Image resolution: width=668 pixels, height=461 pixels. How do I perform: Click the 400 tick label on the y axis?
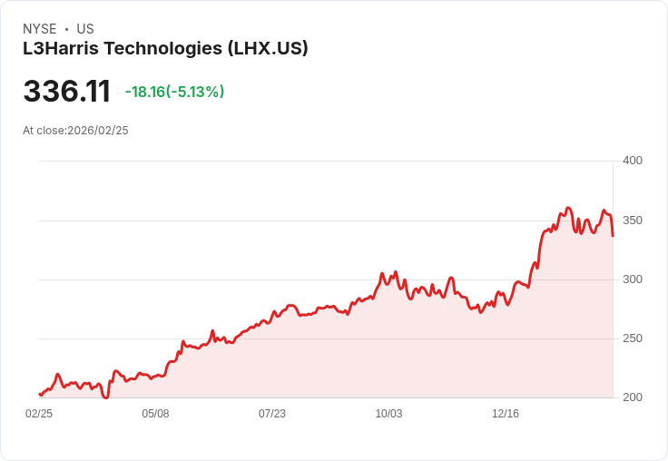(632, 161)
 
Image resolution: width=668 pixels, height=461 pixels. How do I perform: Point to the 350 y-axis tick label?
(632, 221)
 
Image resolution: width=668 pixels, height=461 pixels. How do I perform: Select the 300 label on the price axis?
(632, 280)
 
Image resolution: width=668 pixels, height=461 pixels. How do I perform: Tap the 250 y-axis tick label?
(632, 338)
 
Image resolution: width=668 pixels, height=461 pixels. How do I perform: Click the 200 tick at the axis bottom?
(632, 397)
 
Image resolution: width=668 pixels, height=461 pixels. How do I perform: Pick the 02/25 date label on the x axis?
(39, 414)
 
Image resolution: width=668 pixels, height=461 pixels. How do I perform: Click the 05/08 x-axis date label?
(155, 414)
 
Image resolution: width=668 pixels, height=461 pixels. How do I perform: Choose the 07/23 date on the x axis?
(272, 414)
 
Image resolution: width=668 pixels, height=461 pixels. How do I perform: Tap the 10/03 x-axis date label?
(388, 414)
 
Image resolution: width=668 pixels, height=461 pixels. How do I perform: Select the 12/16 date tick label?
(506, 414)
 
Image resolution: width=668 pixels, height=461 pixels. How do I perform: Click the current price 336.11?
(66, 92)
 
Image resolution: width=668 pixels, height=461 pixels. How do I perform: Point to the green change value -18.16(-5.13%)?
(174, 92)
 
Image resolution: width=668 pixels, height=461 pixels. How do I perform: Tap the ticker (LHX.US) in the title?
(268, 48)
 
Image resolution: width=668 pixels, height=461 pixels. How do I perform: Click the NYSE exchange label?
(40, 29)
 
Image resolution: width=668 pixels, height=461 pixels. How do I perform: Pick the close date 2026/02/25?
(98, 131)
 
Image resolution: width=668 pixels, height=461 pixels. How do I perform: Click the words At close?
(44, 131)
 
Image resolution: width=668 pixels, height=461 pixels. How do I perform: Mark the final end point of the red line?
(613, 236)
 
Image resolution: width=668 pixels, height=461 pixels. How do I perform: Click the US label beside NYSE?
(85, 29)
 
